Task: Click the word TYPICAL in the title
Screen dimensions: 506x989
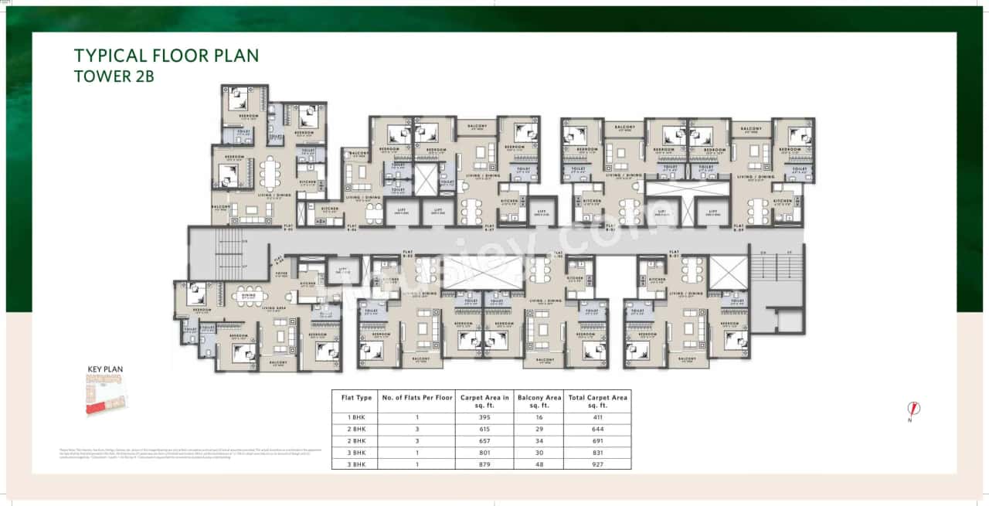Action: [x=108, y=56]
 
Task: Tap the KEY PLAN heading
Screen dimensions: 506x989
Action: [x=104, y=369]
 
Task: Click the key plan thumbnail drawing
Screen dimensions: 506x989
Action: [x=106, y=395]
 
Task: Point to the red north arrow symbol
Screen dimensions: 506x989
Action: [x=914, y=409]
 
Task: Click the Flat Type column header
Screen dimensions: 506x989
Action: [x=356, y=398]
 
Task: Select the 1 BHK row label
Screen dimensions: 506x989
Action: [x=356, y=417]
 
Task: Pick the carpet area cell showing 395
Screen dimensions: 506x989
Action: [x=484, y=417]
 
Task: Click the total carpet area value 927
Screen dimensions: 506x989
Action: [x=597, y=464]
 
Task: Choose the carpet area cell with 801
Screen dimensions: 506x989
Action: [x=484, y=452]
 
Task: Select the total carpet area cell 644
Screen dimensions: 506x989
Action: [x=597, y=429]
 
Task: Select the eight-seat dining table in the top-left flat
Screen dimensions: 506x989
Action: [x=270, y=174]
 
